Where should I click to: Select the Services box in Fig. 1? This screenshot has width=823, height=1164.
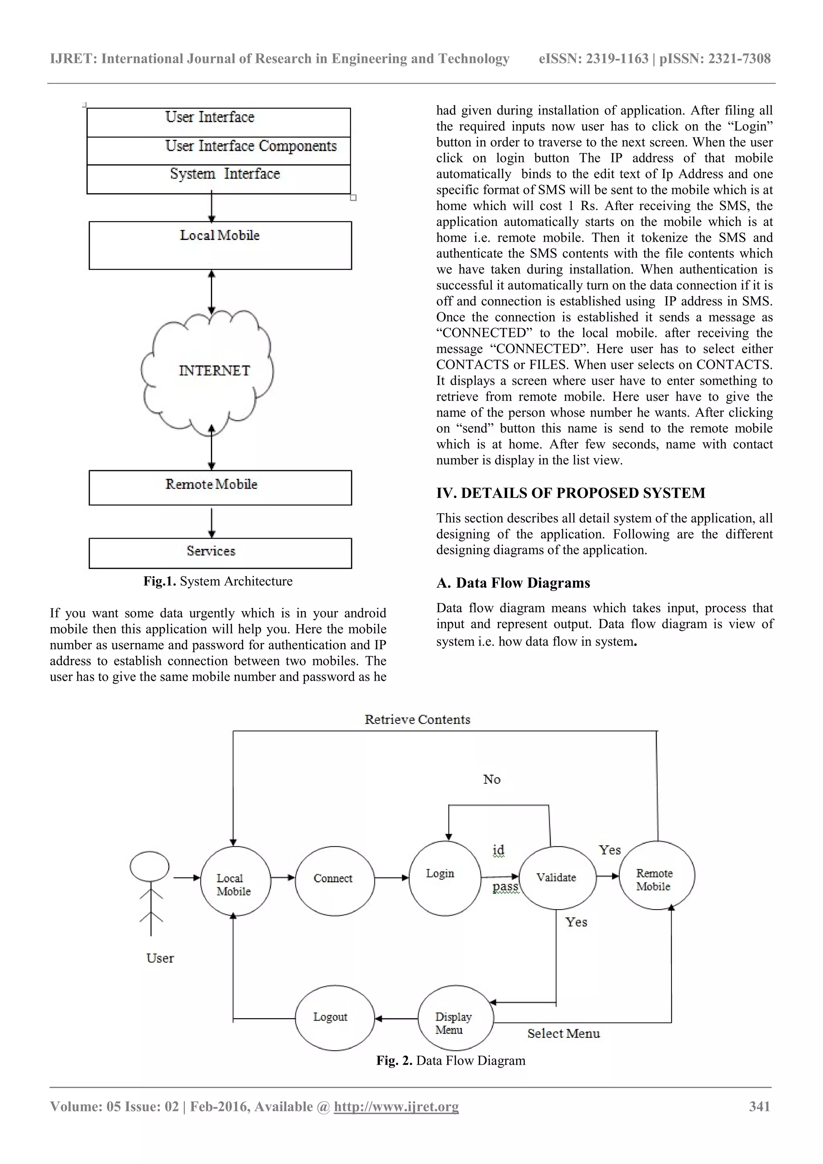coord(220,553)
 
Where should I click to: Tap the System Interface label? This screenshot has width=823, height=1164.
coord(225,174)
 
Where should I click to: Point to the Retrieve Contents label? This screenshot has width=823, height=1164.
coord(417,719)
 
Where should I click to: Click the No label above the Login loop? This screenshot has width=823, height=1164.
coord(491,779)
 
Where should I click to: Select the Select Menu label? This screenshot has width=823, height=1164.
coord(563,1033)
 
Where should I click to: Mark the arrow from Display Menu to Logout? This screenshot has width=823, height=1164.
coord(396,1018)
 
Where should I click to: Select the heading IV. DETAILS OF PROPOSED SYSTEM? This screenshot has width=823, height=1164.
coord(571,493)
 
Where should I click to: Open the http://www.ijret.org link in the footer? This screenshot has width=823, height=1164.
coord(396,1106)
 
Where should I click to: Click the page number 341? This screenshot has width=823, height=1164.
coord(759,1106)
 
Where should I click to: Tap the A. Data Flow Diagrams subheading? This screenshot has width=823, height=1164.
coord(513,583)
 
